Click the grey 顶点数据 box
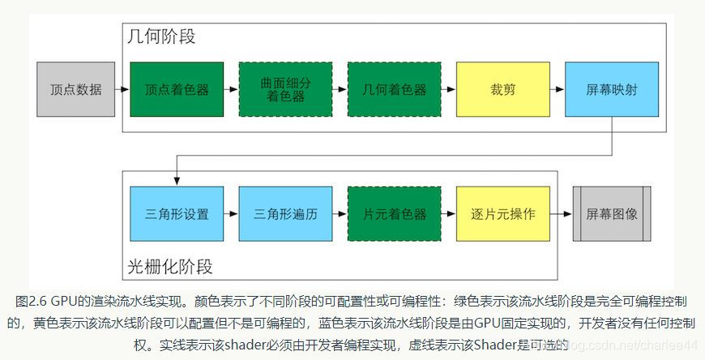(75, 89)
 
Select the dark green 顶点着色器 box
(177, 89)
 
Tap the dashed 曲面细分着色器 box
(285, 89)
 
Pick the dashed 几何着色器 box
(394, 89)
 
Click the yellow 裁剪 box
(502, 89)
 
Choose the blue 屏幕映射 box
(611, 89)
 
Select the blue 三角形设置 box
(177, 214)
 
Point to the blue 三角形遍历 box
(285, 214)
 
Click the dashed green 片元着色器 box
(394, 214)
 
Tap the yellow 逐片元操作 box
(502, 214)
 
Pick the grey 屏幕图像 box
(611, 214)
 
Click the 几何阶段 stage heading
(161, 37)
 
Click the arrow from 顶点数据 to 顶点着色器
(122, 89)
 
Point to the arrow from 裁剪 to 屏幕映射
(557, 89)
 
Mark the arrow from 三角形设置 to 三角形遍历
(231, 214)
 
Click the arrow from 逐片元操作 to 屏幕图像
(561, 214)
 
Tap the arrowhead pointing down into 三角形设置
(176, 182)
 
